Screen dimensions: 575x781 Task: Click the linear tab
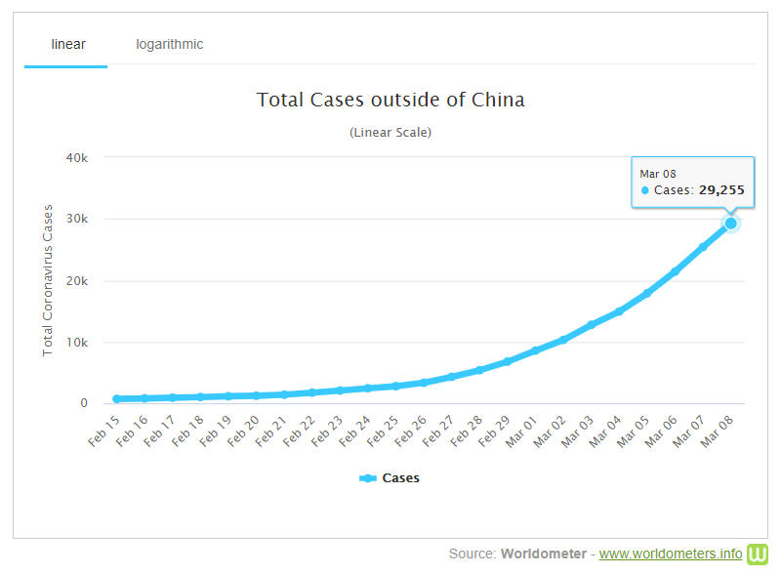point(68,44)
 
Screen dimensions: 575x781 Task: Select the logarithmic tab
point(170,44)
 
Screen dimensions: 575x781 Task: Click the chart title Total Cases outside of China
point(390,100)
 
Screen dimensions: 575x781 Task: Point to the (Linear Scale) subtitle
point(390,132)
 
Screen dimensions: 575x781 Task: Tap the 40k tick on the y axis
point(77,157)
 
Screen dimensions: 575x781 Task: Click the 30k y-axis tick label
point(77,219)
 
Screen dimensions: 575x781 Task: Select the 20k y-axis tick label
point(77,280)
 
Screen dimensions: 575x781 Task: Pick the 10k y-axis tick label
point(77,342)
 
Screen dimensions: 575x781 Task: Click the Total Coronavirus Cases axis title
point(48,280)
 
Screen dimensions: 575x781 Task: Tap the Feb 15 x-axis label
point(103,429)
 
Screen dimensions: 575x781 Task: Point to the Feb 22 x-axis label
point(300,429)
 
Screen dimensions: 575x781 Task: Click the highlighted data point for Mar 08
point(730,224)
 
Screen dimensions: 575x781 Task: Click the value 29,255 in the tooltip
point(720,190)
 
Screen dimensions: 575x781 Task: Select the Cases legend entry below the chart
point(390,478)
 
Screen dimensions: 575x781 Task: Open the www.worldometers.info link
point(671,554)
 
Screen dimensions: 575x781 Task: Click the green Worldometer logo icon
point(759,554)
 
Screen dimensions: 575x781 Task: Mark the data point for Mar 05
point(646,293)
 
